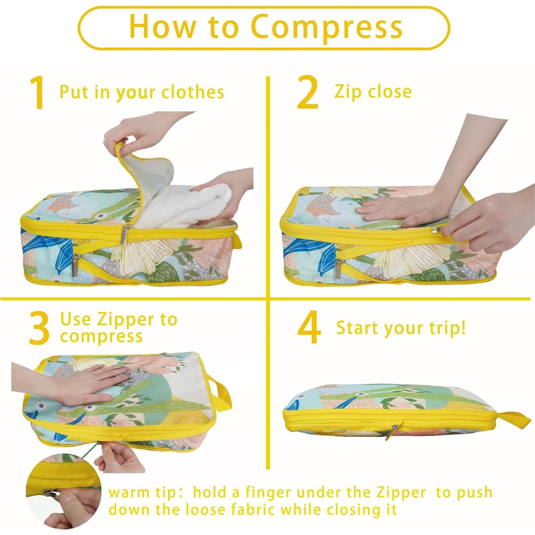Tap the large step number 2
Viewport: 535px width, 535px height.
308,93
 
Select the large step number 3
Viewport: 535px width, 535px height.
39,328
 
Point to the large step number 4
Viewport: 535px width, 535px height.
309,328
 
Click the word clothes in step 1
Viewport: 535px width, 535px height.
192,92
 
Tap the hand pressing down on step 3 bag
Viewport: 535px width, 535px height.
82,383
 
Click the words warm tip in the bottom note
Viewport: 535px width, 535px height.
142,492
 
